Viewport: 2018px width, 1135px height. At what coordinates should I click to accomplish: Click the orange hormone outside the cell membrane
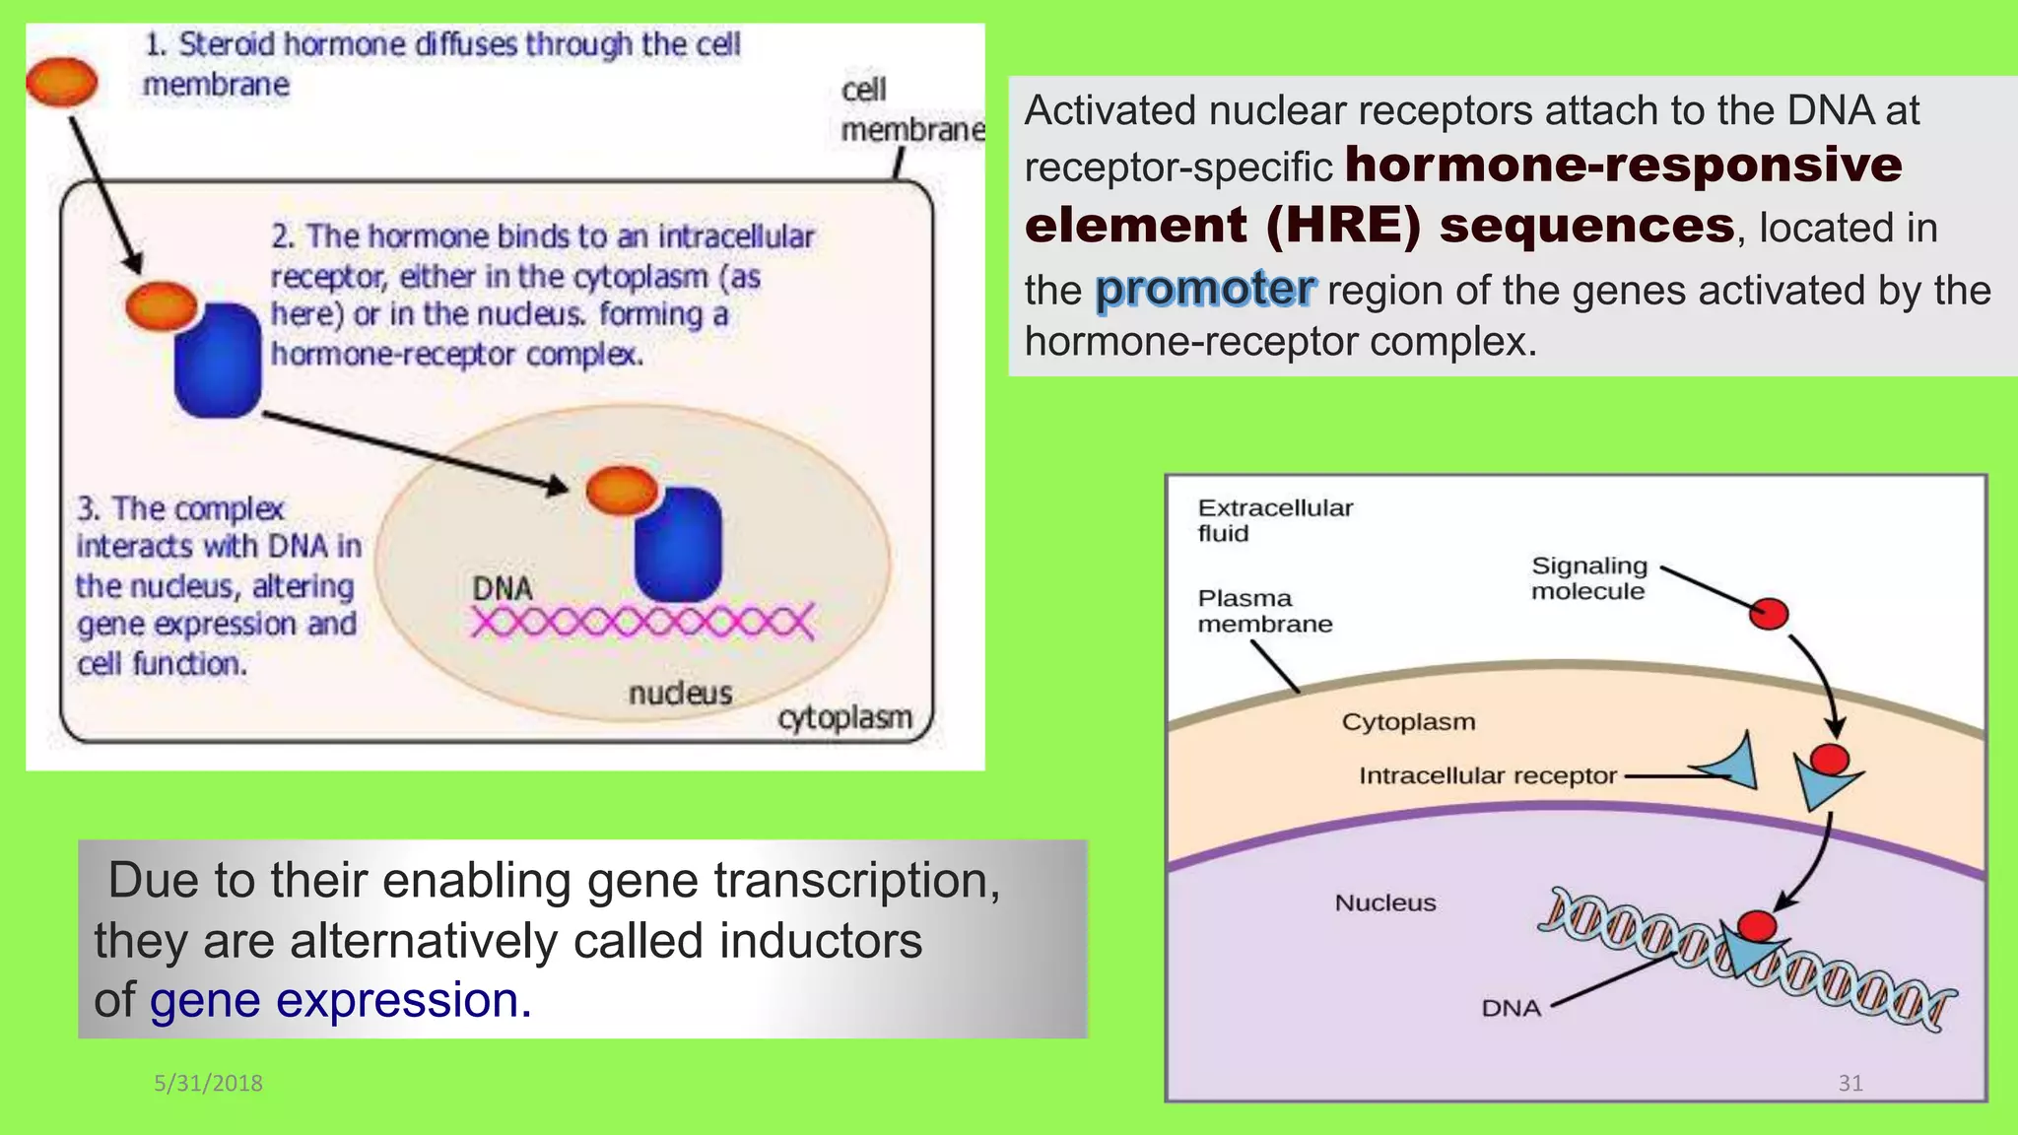click(x=62, y=81)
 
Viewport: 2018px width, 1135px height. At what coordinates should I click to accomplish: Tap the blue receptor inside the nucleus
click(x=678, y=545)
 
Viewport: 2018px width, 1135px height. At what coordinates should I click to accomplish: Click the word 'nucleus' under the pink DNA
click(x=680, y=694)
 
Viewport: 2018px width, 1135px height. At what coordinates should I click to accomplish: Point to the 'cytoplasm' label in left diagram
click(x=844, y=718)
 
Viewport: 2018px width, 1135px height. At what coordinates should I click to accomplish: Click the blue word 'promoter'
click(x=1204, y=289)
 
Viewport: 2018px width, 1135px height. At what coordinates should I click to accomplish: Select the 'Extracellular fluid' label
click(x=1274, y=520)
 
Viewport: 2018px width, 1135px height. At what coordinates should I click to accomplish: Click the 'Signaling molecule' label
click(x=1588, y=578)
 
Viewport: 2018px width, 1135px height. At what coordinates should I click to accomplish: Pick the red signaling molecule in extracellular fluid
click(x=1769, y=614)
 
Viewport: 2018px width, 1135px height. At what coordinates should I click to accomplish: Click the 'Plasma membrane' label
click(x=1264, y=611)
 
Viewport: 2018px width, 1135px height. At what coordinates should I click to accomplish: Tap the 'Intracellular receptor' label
click(x=1487, y=776)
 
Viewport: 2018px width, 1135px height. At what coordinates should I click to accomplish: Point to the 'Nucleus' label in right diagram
click(x=1384, y=902)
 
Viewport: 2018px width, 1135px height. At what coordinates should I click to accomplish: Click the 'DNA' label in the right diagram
click(x=1511, y=1008)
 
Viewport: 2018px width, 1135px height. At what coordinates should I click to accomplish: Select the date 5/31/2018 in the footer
click(x=208, y=1083)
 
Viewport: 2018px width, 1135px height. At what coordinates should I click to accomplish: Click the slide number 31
click(x=1850, y=1083)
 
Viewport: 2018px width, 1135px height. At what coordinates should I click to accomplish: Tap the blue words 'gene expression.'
click(x=340, y=1000)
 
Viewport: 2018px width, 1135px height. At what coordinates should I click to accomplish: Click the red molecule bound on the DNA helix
click(x=1757, y=925)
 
